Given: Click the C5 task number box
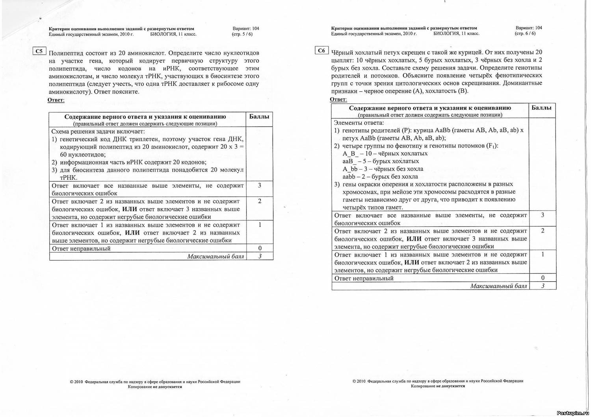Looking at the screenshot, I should pos(39,51).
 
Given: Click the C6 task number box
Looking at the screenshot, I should pos(322,50).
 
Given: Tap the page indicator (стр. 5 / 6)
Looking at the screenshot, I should pos(242,34).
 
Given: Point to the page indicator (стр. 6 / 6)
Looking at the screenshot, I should pos(525,33).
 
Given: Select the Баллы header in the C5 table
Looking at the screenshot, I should pos(259,116).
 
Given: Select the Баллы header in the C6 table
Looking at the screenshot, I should pos(542,107).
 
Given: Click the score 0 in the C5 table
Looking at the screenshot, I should pos(260,248).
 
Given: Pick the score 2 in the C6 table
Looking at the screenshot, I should pos(543,231).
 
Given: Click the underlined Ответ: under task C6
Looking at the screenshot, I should pos(338,99).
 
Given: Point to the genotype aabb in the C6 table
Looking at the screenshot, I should pos(349,177).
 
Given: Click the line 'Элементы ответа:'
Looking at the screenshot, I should pos(359,123).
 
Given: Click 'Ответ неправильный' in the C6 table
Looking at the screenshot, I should pos(364,278).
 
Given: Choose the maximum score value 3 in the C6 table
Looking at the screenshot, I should pos(543,286).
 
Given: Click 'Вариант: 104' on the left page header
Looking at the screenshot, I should pos(246,28).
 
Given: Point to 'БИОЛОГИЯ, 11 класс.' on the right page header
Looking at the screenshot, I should pos(456,34).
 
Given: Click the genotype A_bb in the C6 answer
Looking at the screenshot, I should pos(350,169).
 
